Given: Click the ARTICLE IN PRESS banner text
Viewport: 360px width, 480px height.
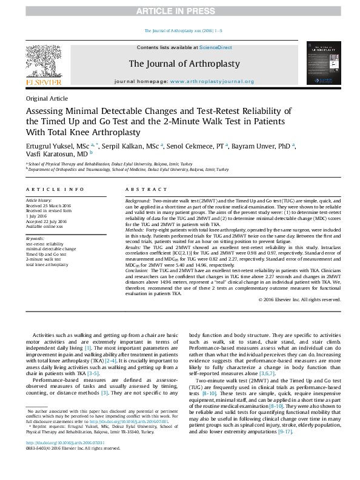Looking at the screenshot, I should (x=179, y=12).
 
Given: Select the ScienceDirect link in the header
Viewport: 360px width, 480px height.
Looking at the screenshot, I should (x=216, y=47).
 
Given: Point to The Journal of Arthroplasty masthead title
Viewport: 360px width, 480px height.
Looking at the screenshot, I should (x=184, y=64).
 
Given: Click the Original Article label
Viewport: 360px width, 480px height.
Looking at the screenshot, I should (x=47, y=99).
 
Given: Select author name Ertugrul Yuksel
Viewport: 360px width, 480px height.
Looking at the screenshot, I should (x=49, y=145).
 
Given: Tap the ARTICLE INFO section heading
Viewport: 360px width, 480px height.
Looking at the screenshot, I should (x=55, y=190).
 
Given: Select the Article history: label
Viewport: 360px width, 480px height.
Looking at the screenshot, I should (x=39, y=200).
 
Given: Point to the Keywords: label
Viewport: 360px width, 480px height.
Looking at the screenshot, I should (x=35, y=239).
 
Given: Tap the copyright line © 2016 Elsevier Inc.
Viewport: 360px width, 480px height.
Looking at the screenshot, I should (x=299, y=299).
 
